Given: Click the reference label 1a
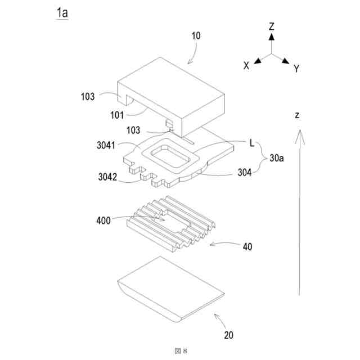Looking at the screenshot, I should point(61,13).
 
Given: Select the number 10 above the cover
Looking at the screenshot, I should point(196,36).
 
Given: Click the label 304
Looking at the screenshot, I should point(244,173).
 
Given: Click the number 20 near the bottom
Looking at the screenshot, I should point(228,335).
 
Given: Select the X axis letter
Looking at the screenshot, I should point(246,66).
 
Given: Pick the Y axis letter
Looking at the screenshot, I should point(296,69).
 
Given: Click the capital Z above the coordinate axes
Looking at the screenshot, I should point(271,26).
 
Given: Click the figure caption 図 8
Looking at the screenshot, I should point(180,350).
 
